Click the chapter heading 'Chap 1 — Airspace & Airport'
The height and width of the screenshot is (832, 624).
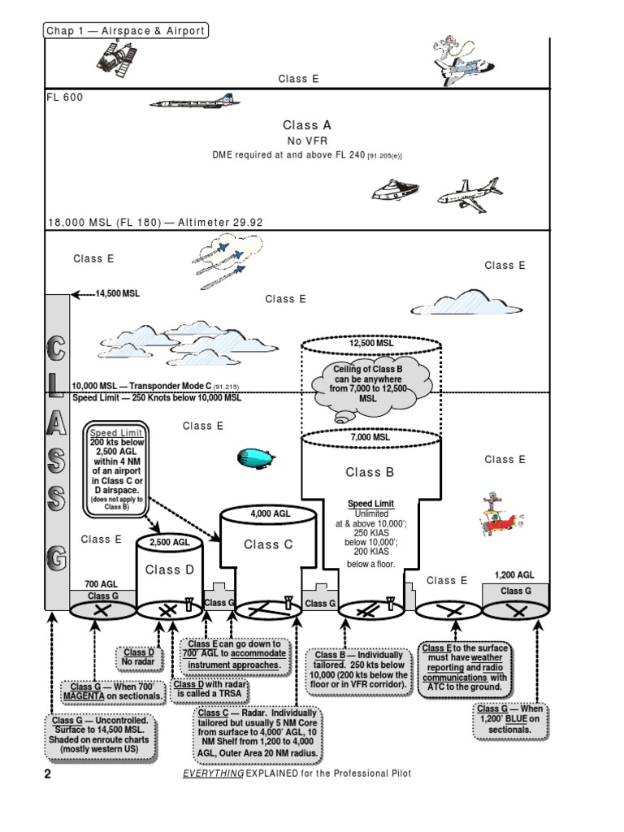click(125, 31)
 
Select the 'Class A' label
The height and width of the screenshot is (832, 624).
click(306, 125)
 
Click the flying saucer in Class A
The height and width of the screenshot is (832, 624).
click(393, 192)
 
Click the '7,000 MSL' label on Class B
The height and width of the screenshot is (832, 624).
click(370, 437)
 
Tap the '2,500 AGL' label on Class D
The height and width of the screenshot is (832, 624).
click(168, 542)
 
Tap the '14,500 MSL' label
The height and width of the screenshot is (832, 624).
click(117, 293)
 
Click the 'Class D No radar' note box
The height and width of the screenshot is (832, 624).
click(138, 657)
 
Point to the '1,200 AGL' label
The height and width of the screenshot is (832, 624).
click(515, 575)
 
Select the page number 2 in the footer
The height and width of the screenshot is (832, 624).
click(47, 774)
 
